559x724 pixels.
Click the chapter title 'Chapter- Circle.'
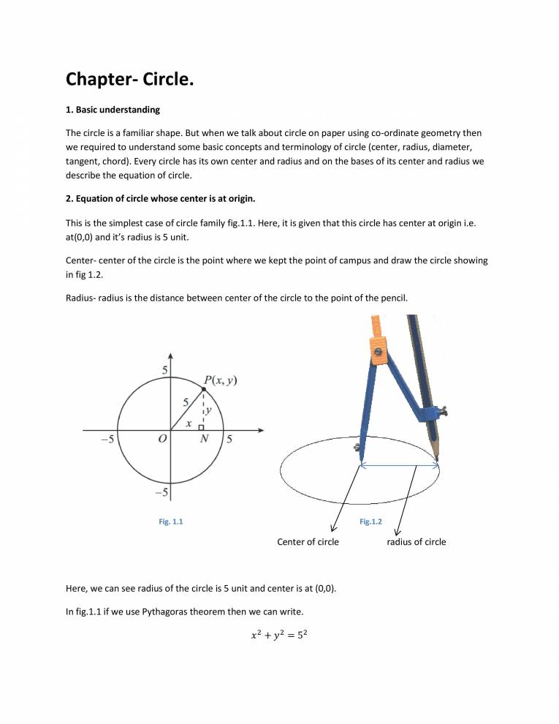point(130,78)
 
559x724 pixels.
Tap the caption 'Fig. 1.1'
point(171,521)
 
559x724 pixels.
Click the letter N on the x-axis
point(204,440)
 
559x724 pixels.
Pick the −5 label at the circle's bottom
point(162,492)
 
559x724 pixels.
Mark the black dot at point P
point(203,389)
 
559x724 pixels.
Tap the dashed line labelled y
point(203,410)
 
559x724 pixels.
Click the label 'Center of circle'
point(308,542)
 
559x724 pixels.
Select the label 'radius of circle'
point(416,542)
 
